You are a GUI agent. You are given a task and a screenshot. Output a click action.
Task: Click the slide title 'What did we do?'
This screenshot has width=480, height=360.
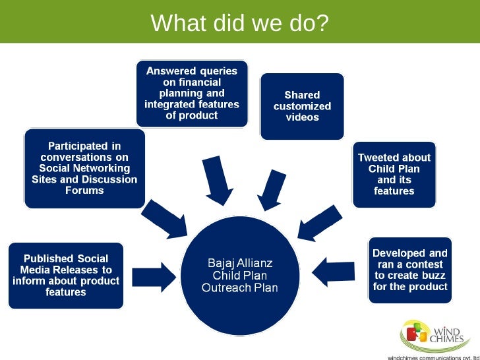click(x=239, y=23)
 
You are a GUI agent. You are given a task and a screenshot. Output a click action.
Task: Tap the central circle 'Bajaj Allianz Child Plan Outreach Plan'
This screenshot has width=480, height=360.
click(x=239, y=276)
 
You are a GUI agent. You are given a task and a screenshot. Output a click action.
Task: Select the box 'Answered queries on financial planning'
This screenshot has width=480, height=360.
click(x=192, y=93)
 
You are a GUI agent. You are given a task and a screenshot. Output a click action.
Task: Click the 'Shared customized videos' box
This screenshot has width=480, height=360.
click(x=302, y=106)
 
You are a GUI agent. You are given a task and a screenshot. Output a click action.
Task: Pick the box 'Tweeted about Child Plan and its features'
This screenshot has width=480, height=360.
click(x=394, y=174)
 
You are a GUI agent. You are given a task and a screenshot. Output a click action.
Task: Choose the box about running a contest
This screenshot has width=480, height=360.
click(x=409, y=270)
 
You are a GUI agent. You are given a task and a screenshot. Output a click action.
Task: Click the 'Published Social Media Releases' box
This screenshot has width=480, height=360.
click(x=66, y=275)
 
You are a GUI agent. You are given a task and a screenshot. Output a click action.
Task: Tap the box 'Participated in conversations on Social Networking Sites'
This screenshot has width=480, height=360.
click(x=84, y=167)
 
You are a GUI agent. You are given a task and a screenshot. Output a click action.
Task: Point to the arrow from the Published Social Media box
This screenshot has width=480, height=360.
click(x=154, y=275)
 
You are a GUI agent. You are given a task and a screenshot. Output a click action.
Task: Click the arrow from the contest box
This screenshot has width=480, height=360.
click(x=335, y=270)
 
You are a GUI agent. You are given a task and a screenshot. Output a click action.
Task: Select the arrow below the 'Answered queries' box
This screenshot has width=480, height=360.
click(x=217, y=179)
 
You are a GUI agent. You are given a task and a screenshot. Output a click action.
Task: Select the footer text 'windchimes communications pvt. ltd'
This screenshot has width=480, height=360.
click(x=432, y=357)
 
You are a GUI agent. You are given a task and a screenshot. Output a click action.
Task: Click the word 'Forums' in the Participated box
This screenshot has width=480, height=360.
click(x=84, y=191)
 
